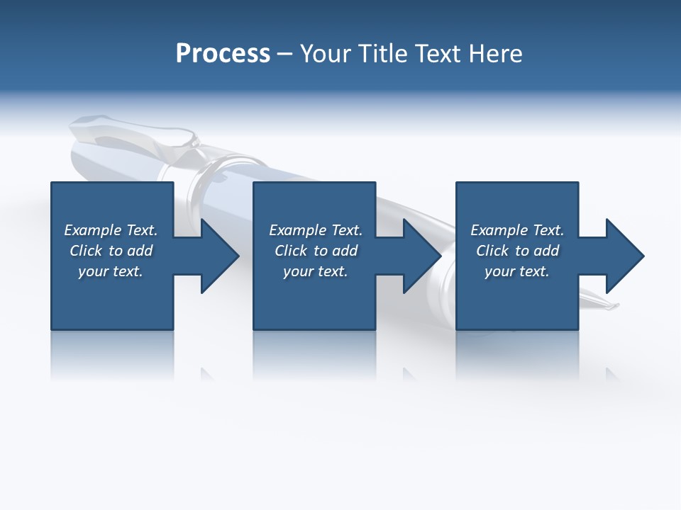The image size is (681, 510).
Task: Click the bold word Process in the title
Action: coord(223,54)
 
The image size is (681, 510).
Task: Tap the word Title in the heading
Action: coord(383,54)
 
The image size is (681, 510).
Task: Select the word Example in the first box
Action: coord(92,230)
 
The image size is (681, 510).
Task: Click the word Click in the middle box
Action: coord(292,251)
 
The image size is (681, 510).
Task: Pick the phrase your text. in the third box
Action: coord(517,271)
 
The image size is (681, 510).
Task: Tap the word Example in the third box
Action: coord(499,230)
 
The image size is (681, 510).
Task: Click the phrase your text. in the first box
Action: coord(111,271)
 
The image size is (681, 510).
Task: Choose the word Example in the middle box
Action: coord(297,230)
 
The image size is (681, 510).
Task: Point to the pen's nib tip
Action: coord(614,307)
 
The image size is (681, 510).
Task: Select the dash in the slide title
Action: coord(285,55)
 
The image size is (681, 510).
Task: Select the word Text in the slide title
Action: coord(439,54)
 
